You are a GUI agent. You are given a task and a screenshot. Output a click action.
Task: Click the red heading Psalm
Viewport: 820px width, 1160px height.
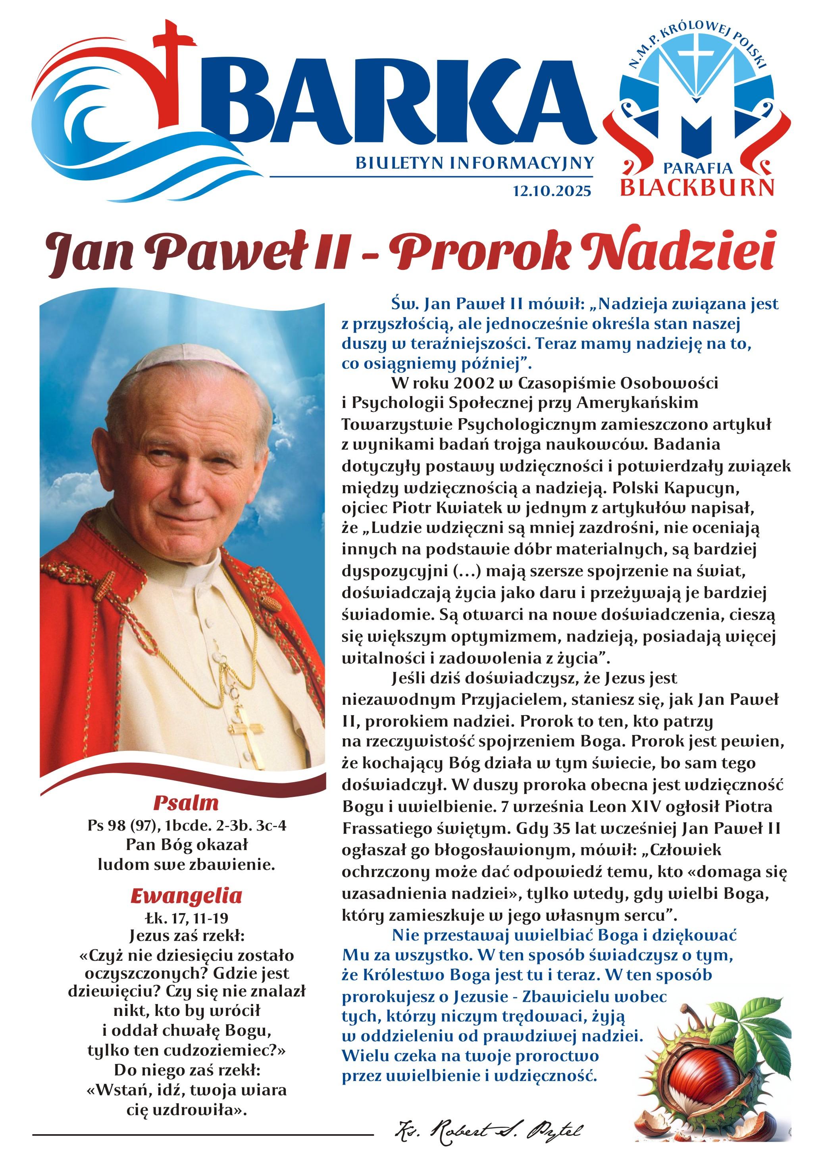186,802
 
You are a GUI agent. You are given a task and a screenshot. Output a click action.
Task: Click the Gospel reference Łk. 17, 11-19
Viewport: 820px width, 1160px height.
187,917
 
